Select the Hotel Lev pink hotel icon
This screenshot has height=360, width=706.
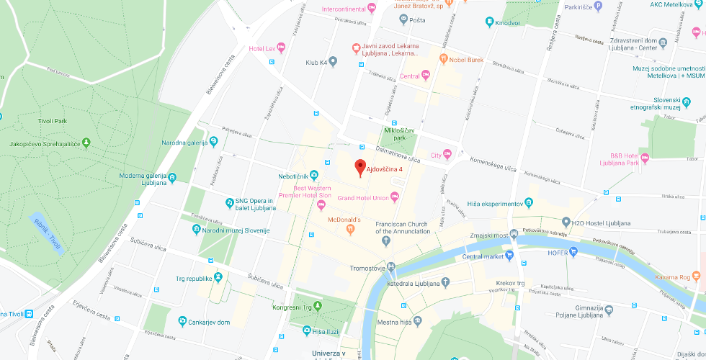tap(281, 48)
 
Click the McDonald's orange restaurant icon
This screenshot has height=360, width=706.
tap(350, 230)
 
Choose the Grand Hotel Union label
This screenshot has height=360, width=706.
tap(363, 198)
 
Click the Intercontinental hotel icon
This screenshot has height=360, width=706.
tap(372, 9)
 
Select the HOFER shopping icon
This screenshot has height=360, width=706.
tap(573, 251)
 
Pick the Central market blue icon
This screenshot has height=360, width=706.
tap(509, 256)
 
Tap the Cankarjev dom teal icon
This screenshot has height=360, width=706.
tap(183, 322)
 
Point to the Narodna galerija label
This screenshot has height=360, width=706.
tap(183, 142)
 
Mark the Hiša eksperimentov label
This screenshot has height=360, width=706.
tap(493, 204)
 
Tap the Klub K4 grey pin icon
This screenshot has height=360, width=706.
tap(332, 62)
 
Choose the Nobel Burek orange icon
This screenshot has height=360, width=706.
tap(444, 60)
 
